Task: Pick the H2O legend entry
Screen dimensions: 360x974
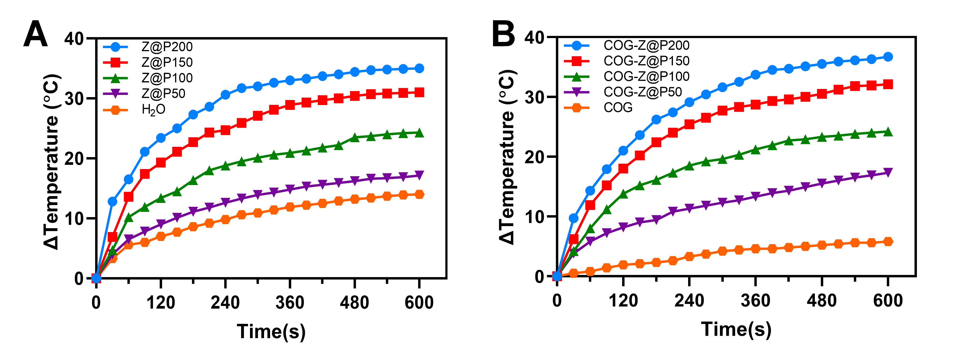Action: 153,110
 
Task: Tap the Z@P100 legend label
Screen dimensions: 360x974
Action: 167,78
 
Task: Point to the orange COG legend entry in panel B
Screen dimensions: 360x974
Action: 618,108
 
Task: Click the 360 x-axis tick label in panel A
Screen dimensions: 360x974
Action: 290,302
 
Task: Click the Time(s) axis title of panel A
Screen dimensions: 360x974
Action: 271,331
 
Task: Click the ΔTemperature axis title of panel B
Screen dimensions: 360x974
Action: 507,157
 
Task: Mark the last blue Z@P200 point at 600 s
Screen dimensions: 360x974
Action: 419,68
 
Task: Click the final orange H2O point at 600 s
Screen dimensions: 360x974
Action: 419,194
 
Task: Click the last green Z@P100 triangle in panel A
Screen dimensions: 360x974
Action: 419,133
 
